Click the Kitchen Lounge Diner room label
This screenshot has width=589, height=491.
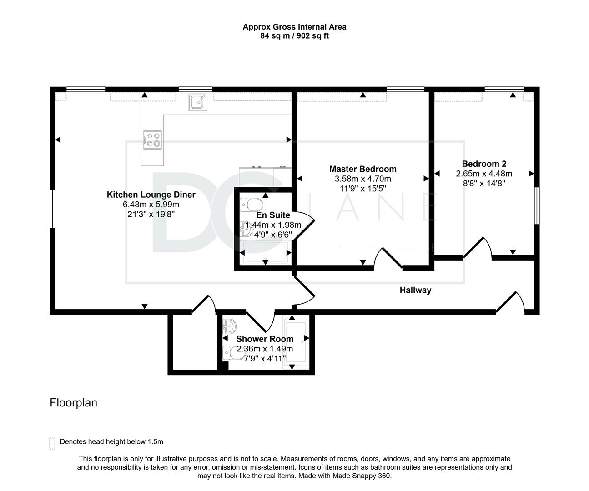coord(151,195)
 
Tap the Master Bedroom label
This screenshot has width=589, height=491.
coord(363,169)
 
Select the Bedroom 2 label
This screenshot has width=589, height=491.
coord(484,164)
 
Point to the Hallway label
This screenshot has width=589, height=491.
coord(415,290)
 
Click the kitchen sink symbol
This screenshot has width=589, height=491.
coord(198,102)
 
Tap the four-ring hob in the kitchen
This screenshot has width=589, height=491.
coord(152,140)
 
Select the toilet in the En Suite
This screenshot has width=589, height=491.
coord(251,205)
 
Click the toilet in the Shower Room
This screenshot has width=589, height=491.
coord(234,353)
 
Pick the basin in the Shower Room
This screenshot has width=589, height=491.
coord(229,326)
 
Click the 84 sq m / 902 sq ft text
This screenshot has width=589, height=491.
coord(295,36)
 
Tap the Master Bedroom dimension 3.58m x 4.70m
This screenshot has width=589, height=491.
coord(363,179)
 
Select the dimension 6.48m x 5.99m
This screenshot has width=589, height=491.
coord(151,205)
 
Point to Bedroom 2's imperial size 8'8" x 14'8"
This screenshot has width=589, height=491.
coord(484,184)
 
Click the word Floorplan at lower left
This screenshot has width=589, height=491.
coord(73,403)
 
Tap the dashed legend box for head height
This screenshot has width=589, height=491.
coord(52,443)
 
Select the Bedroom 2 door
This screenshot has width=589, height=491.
coord(478,247)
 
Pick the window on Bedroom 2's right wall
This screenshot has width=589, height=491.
coord(537,206)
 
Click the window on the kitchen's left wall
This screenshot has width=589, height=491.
coord(52,209)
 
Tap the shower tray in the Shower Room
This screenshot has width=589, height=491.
coord(295,344)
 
